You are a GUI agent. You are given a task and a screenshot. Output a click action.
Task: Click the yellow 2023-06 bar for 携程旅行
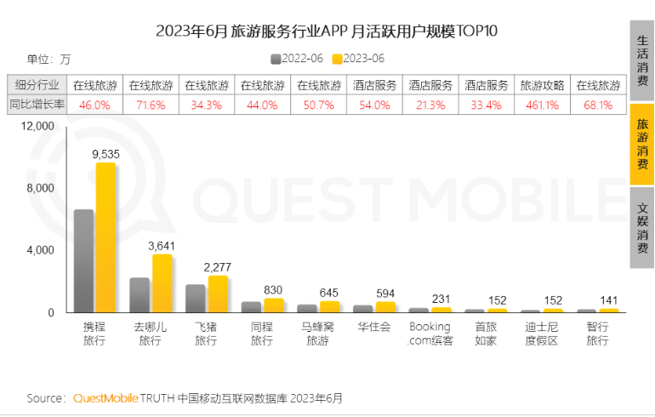tap(105, 238)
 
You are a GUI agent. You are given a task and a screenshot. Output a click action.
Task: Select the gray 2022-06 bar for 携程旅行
tap(83, 261)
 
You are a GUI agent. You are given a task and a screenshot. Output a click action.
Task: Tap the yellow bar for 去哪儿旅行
tap(162, 283)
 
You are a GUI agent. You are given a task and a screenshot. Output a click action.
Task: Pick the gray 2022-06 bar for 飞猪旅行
tap(196, 298)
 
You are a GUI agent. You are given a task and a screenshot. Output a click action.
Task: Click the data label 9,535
tap(106, 154)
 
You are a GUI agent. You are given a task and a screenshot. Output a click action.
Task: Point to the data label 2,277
tap(219, 267)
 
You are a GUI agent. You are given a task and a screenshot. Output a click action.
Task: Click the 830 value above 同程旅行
tap(272, 289)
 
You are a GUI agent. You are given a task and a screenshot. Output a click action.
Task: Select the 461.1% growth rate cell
tap(541, 106)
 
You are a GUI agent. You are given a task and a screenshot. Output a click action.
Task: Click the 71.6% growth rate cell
tap(151, 106)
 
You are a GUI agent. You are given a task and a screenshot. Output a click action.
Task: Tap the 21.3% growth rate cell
tap(430, 106)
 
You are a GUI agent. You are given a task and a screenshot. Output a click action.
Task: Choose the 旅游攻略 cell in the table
tap(541, 86)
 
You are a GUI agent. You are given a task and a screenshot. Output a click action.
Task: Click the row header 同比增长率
tap(37, 106)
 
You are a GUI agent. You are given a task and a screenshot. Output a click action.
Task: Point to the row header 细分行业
tap(37, 86)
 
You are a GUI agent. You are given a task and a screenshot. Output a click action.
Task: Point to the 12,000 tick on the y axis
tap(37, 126)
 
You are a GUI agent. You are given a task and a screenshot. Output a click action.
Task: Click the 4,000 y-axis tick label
tap(41, 250)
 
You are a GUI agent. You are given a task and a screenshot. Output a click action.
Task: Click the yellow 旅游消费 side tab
tap(642, 144)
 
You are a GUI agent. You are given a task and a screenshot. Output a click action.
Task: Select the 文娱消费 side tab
tap(642, 226)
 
